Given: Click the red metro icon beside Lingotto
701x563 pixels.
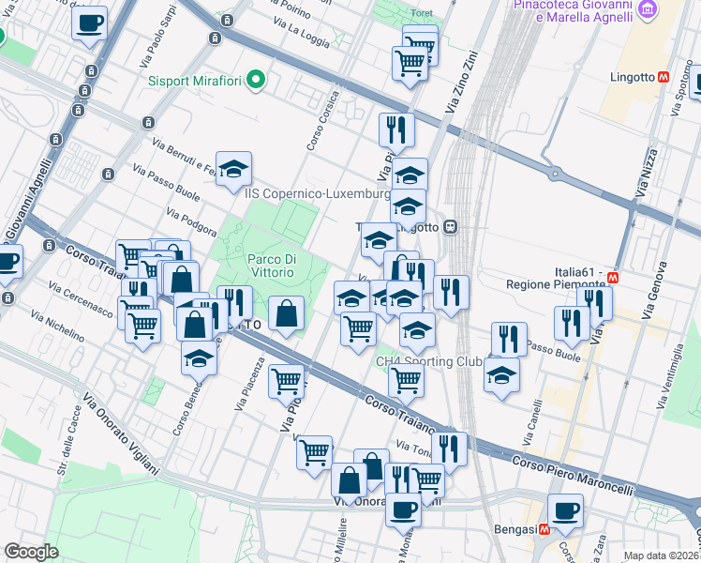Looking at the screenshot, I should pos(663,78).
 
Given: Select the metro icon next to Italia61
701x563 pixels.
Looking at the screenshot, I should pos(614,278).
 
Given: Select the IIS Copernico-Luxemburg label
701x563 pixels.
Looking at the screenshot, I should pos(317,194).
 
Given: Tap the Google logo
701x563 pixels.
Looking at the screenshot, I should pos(31,551).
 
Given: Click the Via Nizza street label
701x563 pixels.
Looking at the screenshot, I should pos(643,177).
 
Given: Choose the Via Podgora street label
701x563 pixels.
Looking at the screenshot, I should pos(191,223).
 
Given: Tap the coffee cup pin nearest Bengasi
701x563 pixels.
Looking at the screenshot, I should pos(565,511).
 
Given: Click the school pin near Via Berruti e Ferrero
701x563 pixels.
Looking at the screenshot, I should pos(234,169).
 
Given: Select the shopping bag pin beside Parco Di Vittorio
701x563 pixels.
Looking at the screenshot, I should pos(287,313).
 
